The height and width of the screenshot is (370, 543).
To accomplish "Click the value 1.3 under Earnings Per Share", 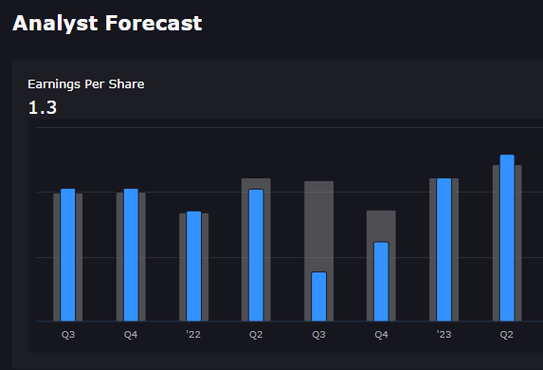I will (x=42, y=107).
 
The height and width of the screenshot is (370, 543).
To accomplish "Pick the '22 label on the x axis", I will (x=193, y=335).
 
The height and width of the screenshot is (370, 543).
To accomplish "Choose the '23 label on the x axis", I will (x=443, y=335).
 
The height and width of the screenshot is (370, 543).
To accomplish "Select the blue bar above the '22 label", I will (x=193, y=266).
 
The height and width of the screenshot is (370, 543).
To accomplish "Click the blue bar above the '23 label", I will (x=443, y=250).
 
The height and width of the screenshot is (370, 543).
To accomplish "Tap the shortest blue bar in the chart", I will (x=318, y=296).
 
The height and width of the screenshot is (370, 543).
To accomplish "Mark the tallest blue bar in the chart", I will (x=507, y=237).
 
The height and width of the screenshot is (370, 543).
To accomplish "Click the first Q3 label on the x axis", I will (x=68, y=335).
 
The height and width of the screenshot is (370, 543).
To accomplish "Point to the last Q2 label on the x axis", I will (x=507, y=335).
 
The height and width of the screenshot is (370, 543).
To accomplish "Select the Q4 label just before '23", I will (x=381, y=335).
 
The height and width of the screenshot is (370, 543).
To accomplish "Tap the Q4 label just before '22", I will (x=131, y=335).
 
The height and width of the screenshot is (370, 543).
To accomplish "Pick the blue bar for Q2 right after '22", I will (x=256, y=254).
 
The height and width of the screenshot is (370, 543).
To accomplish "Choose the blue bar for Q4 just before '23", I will (x=381, y=281).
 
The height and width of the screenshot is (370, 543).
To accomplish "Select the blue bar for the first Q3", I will (x=68, y=254).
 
